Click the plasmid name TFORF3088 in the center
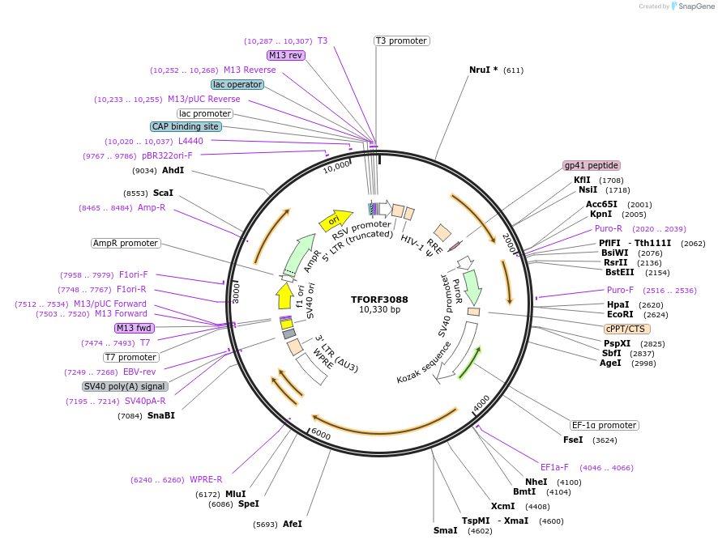pos(379,299)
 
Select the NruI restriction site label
pos(484,70)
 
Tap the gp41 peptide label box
pos(591,165)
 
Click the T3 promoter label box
pos(401,40)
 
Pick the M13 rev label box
pos(286,55)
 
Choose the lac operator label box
pos(237,84)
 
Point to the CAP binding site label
pos(186,126)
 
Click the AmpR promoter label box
pos(126,243)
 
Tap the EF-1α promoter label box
pos(604,425)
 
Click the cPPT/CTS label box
pos(626,329)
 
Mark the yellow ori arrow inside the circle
pos(335,219)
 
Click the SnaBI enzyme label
pos(160,415)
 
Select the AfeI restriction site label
pos(292,524)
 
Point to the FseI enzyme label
pos(573,440)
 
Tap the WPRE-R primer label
pos(206,478)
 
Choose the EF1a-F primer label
pos(554,467)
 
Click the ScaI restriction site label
pos(163,193)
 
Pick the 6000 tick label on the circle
pos(321,435)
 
